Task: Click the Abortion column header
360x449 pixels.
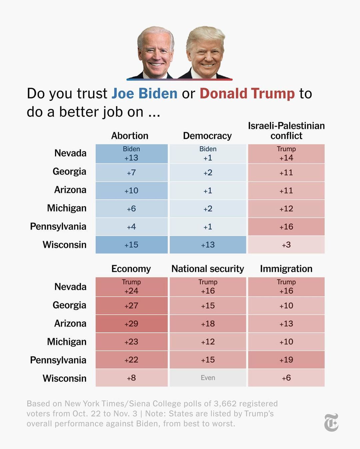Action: (x=130, y=136)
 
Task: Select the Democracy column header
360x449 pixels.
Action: (x=207, y=136)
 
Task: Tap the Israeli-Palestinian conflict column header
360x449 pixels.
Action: (x=286, y=131)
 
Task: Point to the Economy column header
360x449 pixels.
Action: (x=131, y=269)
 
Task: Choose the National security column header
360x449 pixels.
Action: (x=208, y=269)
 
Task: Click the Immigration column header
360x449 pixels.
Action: (x=286, y=269)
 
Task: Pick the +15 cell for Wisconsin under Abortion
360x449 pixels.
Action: (x=131, y=245)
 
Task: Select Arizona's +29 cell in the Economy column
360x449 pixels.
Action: (x=131, y=324)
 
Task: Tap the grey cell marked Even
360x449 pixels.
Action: (x=208, y=378)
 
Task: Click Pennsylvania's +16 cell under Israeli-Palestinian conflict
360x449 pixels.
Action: (x=286, y=227)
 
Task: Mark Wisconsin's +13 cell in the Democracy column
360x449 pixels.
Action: (x=208, y=245)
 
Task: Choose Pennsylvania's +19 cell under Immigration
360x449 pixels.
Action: (x=286, y=360)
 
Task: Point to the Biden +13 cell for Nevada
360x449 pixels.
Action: (x=131, y=154)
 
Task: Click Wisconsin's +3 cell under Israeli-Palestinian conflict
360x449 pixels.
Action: (x=286, y=245)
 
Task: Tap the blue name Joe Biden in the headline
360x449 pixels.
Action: (x=144, y=93)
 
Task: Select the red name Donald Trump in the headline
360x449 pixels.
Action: (x=247, y=93)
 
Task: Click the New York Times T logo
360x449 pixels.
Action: (x=331, y=422)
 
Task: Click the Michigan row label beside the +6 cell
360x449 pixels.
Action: (x=67, y=208)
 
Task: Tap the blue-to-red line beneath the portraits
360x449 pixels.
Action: (x=179, y=79)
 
